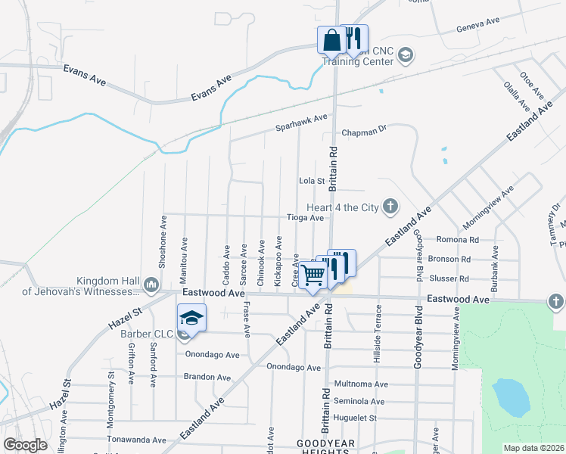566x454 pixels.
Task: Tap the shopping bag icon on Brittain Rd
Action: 331,40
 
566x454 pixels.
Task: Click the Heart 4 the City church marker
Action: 389,207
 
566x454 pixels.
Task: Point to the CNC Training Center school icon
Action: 405,54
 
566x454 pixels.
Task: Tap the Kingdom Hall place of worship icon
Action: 150,285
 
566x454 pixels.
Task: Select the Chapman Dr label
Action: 364,130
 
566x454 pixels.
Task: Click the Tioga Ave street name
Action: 305,218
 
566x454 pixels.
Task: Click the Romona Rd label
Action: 459,240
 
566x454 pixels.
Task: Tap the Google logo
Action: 25,445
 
